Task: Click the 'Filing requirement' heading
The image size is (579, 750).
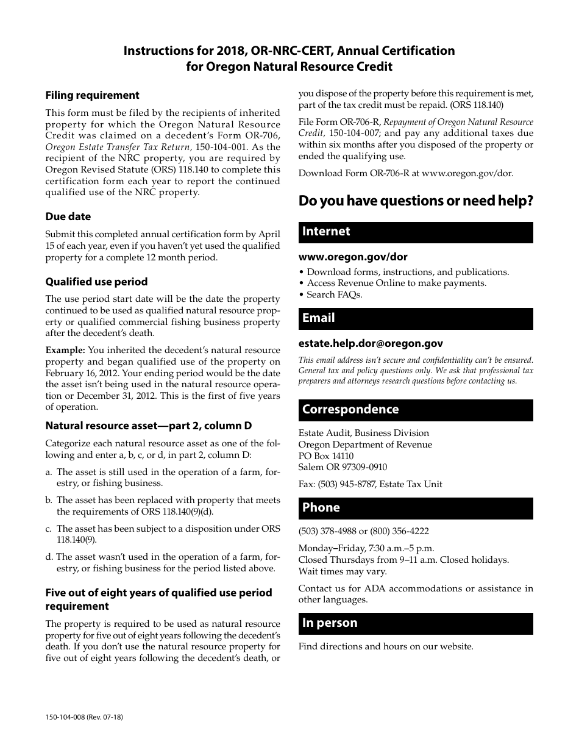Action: [x=92, y=95]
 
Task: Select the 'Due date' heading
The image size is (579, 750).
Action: [x=68, y=216]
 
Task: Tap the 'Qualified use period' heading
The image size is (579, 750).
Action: [x=96, y=282]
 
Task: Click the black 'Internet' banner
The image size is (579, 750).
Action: [x=415, y=232]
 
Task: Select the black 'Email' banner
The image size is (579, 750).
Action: [x=415, y=318]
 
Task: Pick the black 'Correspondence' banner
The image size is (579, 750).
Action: [x=415, y=410]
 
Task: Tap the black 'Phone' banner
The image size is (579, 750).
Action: [x=415, y=508]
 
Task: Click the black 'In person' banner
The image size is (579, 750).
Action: [x=415, y=623]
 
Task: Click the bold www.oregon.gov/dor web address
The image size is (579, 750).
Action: [x=353, y=257]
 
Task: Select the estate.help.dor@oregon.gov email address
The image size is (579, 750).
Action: [x=371, y=344]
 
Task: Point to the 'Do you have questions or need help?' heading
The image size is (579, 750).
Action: [x=416, y=201]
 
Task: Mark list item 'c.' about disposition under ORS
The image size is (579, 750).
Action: [x=163, y=534]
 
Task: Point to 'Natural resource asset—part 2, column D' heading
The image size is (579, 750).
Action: [x=148, y=426]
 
